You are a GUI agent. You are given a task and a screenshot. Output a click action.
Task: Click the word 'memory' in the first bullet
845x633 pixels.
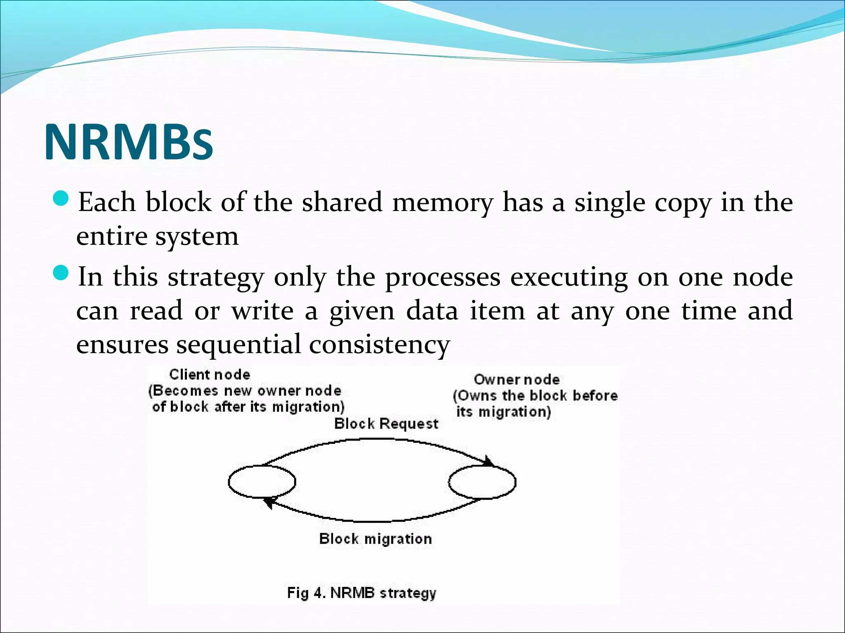coord(442,203)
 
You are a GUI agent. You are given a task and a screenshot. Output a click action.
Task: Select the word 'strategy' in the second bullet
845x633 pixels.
coord(215,278)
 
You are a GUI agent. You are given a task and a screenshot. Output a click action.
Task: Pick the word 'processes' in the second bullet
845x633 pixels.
coord(442,278)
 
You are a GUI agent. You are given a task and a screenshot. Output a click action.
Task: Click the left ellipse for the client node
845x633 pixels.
coord(262,481)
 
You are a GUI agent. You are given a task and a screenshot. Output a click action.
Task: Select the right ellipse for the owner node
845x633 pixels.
coord(482,481)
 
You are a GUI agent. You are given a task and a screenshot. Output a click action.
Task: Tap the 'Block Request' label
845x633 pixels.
coord(386,424)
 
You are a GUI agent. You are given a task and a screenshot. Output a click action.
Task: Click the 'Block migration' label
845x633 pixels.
coord(375,539)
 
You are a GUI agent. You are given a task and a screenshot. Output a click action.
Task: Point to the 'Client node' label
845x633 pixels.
coord(210,375)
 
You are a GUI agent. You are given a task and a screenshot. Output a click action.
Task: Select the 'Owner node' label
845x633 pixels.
coord(517,380)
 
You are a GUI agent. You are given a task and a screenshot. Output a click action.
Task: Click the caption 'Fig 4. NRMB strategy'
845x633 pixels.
coord(361,593)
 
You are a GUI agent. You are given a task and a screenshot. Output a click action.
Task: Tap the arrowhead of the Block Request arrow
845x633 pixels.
coord(489,462)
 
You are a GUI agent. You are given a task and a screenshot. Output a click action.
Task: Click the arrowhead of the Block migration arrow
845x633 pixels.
coord(269,502)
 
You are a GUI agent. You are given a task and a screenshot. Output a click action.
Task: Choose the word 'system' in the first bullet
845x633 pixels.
coord(197,237)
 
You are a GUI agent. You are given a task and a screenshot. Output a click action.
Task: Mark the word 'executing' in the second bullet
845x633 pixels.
coord(569,278)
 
